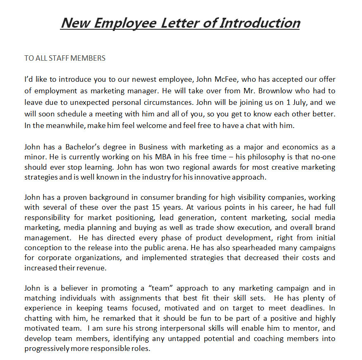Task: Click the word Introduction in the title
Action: (260, 23)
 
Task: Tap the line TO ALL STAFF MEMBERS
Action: (65, 58)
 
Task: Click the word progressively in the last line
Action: (47, 349)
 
